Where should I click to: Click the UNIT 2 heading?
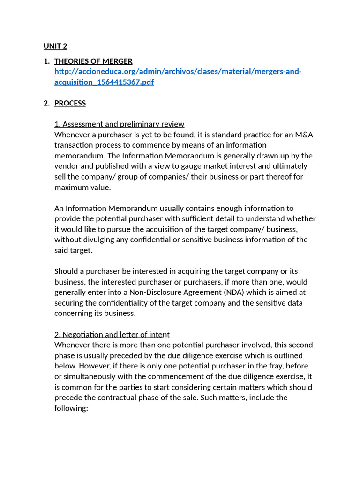(x=55, y=46)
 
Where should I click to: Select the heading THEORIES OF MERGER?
(x=93, y=61)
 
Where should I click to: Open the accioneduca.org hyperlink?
(x=178, y=72)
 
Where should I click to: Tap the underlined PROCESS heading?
(x=70, y=103)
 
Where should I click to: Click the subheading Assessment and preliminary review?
(x=119, y=124)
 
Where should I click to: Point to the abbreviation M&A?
(x=304, y=135)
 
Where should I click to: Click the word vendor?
(x=66, y=166)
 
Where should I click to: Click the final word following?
(x=71, y=408)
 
